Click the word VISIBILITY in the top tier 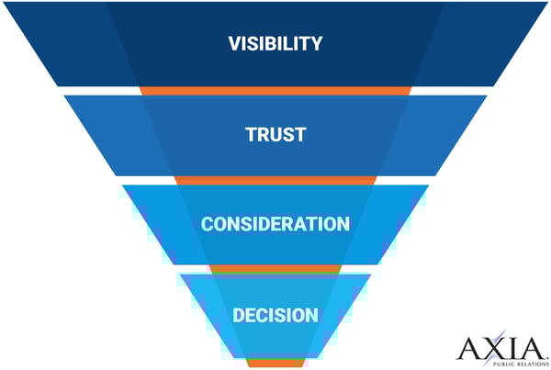tap(275, 43)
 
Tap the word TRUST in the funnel tap(275, 134)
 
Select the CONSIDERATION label tap(275, 224)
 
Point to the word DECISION tap(275, 315)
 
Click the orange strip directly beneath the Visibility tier tap(275, 91)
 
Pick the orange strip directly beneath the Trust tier tap(275, 180)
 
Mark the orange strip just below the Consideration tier tap(275, 269)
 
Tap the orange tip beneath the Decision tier tap(275, 363)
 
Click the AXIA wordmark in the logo tap(500, 348)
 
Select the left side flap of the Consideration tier tap(152, 224)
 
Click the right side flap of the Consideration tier tap(399, 224)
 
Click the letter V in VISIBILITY tap(233, 43)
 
